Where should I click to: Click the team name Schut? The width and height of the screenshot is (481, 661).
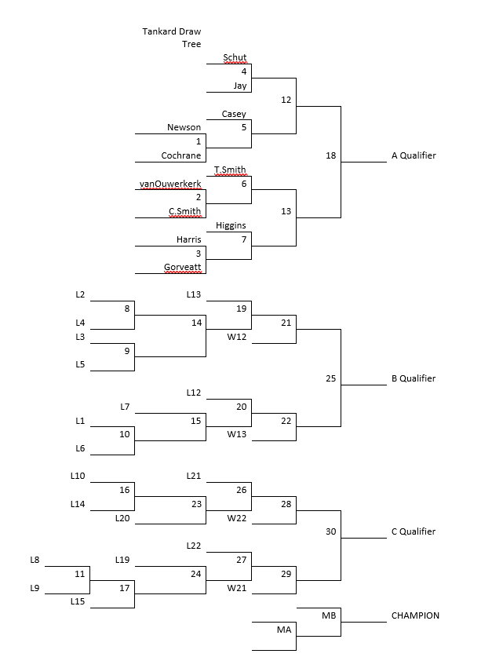(235, 57)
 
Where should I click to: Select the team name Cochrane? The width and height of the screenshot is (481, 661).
(181, 155)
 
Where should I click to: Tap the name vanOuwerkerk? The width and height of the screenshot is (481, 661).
(170, 184)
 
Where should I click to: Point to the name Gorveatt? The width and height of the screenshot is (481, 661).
(183, 268)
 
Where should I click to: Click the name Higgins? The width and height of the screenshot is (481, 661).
(231, 225)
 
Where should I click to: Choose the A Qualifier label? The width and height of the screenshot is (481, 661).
(414, 155)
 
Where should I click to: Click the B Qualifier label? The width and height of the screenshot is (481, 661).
(414, 378)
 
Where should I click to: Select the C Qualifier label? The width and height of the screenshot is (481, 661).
(414, 531)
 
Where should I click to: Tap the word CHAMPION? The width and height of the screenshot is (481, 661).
(415, 615)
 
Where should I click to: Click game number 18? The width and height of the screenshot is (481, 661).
(330, 155)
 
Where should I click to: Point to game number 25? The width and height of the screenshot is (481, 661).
(330, 378)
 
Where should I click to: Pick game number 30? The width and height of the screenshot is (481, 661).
(330, 531)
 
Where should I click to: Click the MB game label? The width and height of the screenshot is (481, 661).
(329, 615)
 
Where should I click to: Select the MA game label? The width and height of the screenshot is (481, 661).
(284, 630)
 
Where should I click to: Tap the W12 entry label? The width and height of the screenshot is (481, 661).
(237, 337)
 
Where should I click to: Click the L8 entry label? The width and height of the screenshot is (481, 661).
(35, 560)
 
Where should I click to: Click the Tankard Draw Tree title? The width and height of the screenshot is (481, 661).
(172, 38)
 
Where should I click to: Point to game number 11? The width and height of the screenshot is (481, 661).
(79, 574)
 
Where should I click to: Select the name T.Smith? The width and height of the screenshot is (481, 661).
(230, 170)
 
